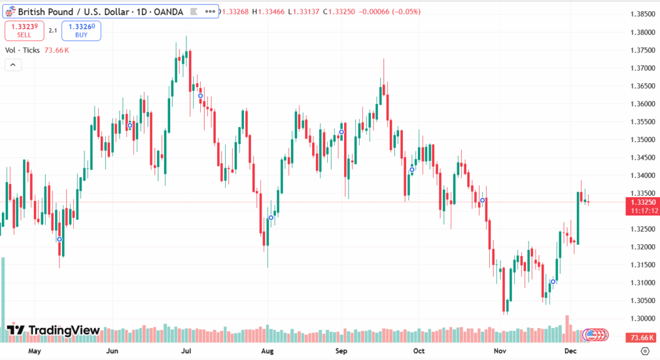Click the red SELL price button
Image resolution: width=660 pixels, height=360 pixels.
[x=24, y=30]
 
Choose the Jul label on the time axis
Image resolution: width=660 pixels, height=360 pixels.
[x=186, y=351]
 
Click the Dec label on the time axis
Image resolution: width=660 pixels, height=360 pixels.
[x=570, y=351]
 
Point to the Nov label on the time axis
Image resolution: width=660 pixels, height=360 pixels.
[x=500, y=351]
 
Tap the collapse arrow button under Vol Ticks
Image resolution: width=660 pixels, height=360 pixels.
[x=12, y=65]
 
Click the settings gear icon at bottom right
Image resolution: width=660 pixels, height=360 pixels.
[x=644, y=351]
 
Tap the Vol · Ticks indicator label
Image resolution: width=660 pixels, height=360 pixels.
[x=22, y=50]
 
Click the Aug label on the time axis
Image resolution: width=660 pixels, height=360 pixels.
[x=267, y=351]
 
